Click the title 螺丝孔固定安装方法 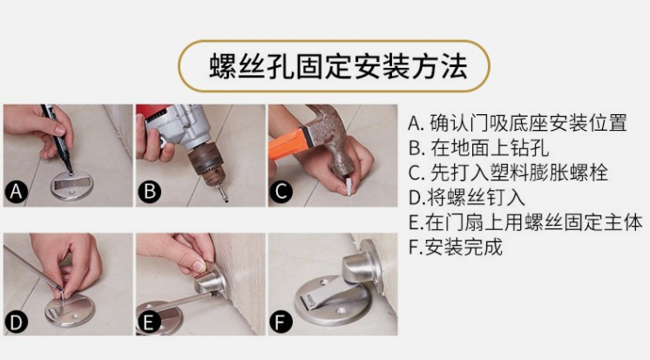338,66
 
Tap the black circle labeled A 17,192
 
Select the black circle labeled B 149,192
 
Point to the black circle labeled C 281,192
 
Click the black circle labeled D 17,322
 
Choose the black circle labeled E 148,322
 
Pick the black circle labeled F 281,322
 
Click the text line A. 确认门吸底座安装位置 518,123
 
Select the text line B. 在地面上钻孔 478,147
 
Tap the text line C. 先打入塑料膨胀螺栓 508,173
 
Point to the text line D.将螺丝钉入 467,197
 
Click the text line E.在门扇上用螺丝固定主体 525,222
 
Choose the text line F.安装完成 455,248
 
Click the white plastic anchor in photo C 349,187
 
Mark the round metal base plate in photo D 70,310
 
